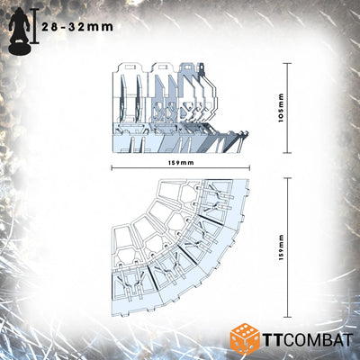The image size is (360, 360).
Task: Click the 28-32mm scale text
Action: (x=77, y=27)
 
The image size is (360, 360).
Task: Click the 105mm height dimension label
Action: (x=281, y=108)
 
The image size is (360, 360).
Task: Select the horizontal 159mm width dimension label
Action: (x=181, y=163)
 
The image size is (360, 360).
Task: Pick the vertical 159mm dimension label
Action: (x=281, y=247)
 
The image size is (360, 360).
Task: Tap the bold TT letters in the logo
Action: (x=273, y=340)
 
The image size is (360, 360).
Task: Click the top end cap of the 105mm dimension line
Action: (x=288, y=63)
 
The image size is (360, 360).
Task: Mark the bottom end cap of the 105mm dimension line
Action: (x=288, y=152)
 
